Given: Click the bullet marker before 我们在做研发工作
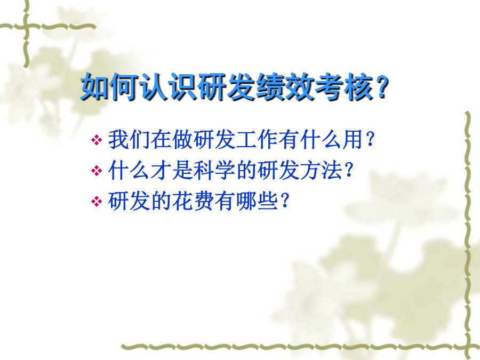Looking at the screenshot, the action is [x=97, y=140].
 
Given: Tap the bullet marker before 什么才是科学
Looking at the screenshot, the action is [x=97, y=171].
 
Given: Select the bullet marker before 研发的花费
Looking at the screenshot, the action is [x=97, y=202].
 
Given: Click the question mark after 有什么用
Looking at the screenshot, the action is [x=370, y=140].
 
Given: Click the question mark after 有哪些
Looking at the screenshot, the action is [x=285, y=201].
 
